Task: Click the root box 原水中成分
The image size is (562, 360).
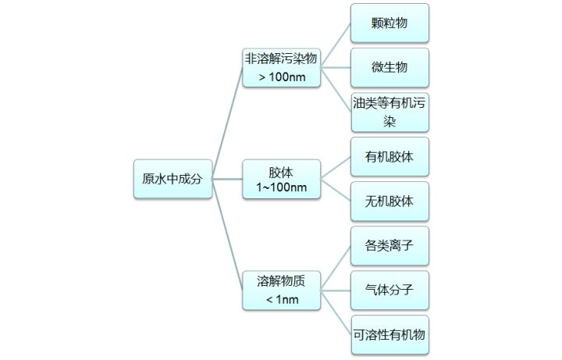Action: (172, 179)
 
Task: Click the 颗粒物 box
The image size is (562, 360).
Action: (389, 23)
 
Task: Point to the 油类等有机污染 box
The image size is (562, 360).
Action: (389, 112)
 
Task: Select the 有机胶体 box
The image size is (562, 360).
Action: (389, 157)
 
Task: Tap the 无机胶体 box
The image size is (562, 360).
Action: (389, 201)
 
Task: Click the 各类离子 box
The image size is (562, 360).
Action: (389, 246)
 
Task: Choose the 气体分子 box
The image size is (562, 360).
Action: (389, 290)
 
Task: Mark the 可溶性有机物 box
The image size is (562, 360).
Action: (389, 334)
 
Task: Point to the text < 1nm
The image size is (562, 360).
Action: (281, 299)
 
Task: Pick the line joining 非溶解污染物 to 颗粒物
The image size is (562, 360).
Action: (336, 45)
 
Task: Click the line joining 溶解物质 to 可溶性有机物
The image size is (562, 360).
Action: (336, 312)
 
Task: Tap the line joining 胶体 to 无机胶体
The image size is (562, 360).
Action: (336, 191)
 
